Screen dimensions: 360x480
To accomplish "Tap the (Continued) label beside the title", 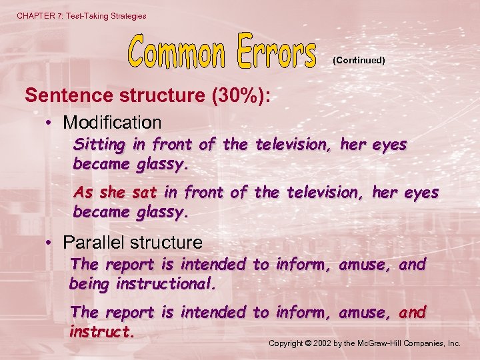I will pyautogui.click(x=359, y=60).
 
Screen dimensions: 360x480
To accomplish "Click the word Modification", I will pyautogui.click(x=112, y=123).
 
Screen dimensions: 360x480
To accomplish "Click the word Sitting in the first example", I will pyautogui.click(x=99, y=144).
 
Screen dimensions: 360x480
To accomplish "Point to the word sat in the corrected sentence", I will pyautogui.click(x=145, y=193).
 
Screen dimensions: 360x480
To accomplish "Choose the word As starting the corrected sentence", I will pyautogui.click(x=83, y=193).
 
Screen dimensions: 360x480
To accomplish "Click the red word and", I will pyautogui.click(x=412, y=312).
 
